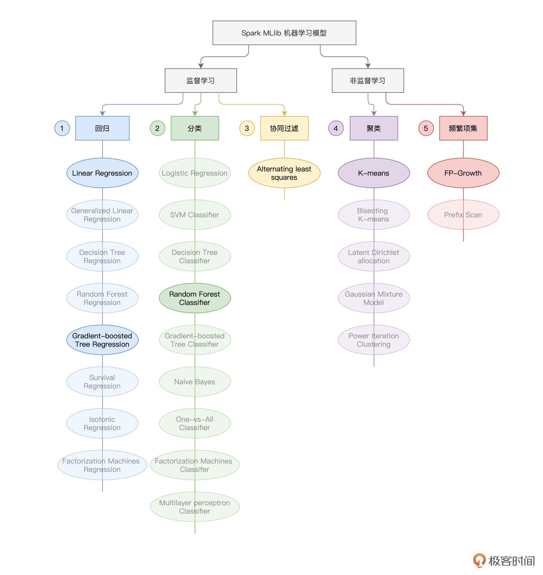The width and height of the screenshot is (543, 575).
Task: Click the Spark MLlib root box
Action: (284, 33)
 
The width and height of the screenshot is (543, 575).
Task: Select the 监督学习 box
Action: (201, 81)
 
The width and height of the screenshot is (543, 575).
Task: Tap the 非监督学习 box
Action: (368, 81)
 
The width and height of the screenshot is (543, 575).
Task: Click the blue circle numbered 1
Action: (62, 128)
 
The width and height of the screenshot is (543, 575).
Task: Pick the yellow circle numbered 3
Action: (247, 128)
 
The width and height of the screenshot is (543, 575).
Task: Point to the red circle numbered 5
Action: (426, 128)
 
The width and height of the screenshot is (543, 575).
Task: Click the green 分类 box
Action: (195, 128)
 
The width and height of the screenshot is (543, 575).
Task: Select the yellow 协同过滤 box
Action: (284, 128)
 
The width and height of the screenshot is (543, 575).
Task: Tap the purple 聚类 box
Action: (374, 128)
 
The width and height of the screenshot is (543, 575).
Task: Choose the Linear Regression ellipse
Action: (102, 173)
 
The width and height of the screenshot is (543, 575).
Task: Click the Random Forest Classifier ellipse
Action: (195, 298)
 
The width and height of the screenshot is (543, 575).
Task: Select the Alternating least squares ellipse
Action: (284, 173)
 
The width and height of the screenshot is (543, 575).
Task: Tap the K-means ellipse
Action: (374, 173)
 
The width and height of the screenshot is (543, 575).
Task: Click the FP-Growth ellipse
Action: (463, 173)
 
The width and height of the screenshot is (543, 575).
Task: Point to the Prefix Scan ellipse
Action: (463, 215)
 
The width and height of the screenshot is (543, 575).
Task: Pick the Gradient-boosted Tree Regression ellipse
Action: (102, 340)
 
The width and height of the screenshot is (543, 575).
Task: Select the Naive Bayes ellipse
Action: (195, 381)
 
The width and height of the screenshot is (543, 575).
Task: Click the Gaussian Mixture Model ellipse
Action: (374, 298)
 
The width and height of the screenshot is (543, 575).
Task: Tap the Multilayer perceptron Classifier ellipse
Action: (195, 506)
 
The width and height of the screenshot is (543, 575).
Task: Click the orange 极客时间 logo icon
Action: (479, 560)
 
